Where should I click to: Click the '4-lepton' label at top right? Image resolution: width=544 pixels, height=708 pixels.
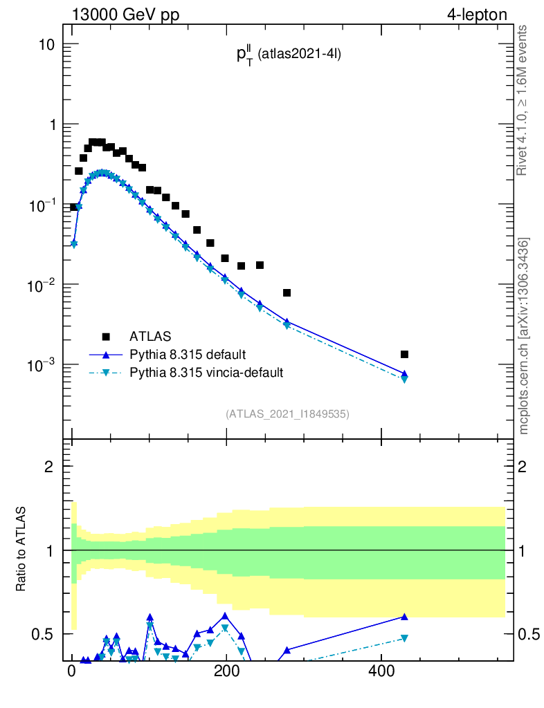(477, 15)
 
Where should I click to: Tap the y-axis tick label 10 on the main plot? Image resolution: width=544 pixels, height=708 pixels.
(46, 44)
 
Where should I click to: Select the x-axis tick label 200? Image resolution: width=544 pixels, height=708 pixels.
(226, 672)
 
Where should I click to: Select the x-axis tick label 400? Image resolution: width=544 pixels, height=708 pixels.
(381, 672)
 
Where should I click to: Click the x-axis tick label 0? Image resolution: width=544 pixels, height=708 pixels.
(72, 672)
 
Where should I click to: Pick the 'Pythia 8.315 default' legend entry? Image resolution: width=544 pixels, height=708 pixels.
(187, 355)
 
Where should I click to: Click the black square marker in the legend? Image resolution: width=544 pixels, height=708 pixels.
(106, 337)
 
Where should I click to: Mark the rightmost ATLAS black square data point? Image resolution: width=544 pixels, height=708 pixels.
(404, 355)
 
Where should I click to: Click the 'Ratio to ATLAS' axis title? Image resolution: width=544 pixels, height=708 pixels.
(21, 550)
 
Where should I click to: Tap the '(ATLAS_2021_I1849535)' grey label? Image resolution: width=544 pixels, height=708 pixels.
(287, 414)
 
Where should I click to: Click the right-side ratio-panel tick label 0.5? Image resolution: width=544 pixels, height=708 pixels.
(527, 634)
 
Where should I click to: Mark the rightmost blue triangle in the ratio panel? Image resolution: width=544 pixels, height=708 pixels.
(404, 617)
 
